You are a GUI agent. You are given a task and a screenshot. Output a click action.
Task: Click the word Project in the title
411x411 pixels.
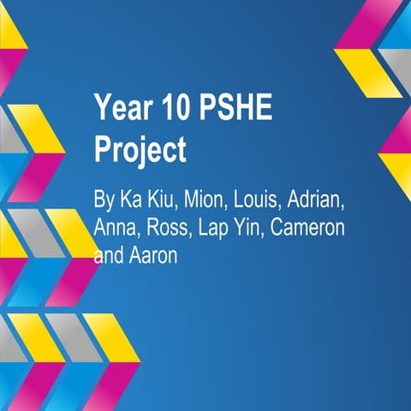point(139,150)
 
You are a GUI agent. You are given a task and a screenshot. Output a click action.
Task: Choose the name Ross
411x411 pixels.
point(168,229)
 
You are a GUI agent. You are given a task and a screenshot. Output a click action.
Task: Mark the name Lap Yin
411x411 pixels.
point(227,229)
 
